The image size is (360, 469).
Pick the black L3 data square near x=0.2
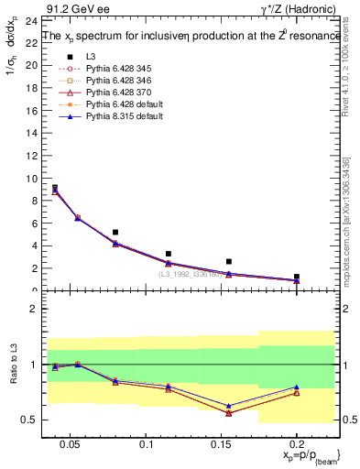coord(296,276)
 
